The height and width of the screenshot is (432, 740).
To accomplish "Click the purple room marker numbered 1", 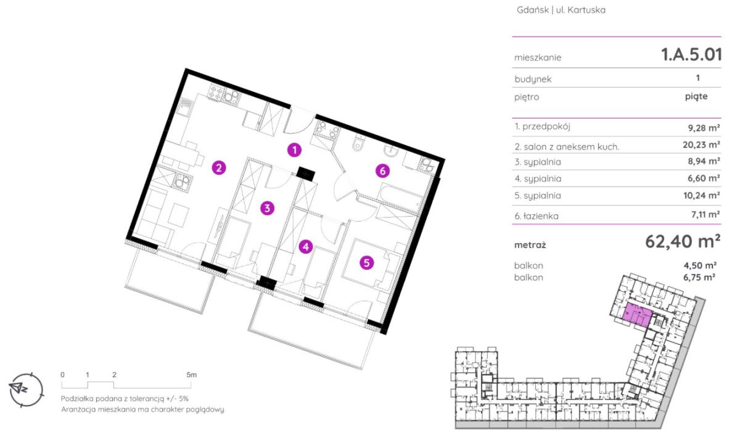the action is click(294, 151).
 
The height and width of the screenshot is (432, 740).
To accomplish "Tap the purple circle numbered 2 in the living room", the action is click(219, 168).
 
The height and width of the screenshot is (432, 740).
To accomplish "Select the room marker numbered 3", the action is click(267, 208).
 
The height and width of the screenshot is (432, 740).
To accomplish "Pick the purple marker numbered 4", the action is click(306, 247).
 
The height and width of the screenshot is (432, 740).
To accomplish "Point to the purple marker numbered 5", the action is click(366, 263).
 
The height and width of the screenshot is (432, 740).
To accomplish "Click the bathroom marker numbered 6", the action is click(382, 171).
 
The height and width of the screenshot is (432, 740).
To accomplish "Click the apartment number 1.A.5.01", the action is click(691, 54).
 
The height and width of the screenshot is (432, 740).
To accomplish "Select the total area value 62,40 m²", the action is click(683, 242).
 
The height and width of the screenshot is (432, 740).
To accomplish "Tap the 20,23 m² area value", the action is click(701, 145).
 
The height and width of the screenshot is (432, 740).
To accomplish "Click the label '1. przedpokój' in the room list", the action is click(543, 127).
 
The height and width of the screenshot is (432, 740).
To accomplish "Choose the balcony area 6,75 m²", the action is click(699, 277).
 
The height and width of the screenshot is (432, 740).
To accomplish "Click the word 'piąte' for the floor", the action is click(696, 97).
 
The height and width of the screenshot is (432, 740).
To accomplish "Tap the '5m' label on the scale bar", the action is click(191, 375).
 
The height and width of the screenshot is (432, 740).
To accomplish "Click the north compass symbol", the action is click(26, 389).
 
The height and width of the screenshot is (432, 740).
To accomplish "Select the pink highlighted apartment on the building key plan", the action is click(637, 314).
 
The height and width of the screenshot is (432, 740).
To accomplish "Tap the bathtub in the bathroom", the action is click(400, 197).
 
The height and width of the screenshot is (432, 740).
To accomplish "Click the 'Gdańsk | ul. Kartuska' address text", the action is click(561, 10).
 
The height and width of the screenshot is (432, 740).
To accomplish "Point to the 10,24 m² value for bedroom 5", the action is click(702, 196).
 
